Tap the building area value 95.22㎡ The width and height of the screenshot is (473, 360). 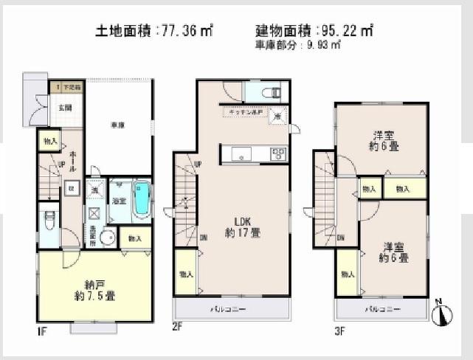(346, 31)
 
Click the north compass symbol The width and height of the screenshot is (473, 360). (441, 313)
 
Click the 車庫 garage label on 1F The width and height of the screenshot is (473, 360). (117, 124)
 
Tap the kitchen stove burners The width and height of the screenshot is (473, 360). (278, 153)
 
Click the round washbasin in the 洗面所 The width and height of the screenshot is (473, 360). (108, 238)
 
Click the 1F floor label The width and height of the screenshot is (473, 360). (43, 331)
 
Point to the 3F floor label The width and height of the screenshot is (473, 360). (341, 331)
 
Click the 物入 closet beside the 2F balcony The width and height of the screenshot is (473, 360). (185, 274)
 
